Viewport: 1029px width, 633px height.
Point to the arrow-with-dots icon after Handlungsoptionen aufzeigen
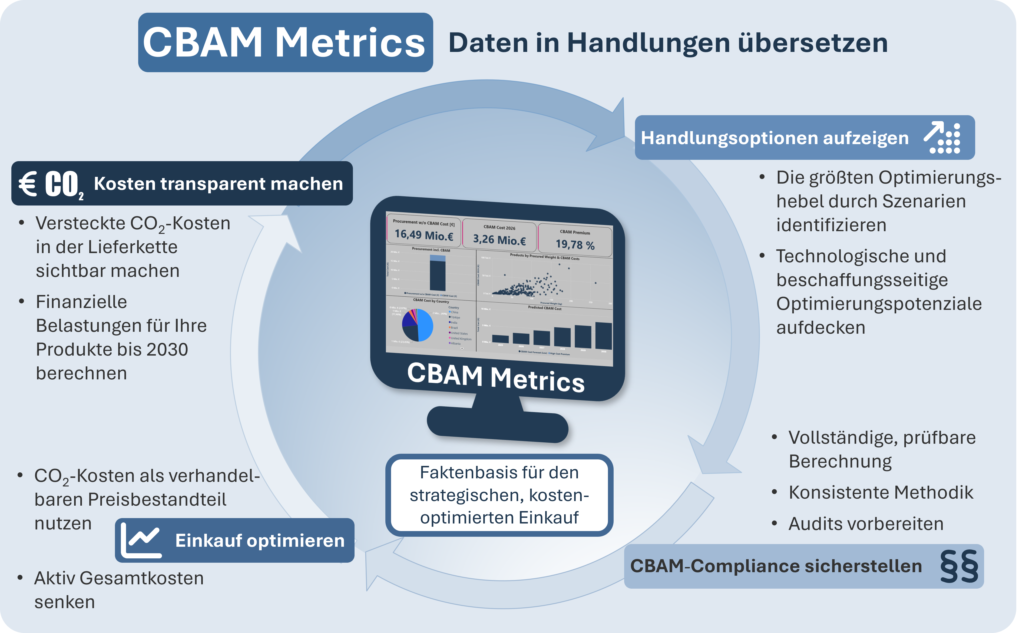(x=942, y=138)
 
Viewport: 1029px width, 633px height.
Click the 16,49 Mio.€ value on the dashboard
(x=424, y=235)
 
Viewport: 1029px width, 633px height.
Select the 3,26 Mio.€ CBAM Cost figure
(x=499, y=240)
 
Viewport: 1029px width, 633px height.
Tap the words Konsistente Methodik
(x=881, y=492)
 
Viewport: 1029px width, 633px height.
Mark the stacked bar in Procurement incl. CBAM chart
(x=438, y=273)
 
